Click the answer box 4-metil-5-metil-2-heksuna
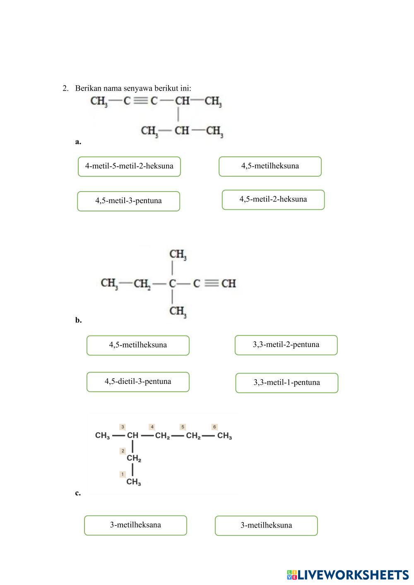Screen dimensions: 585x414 (x=129, y=166)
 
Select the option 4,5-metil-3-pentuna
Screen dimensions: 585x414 (x=128, y=201)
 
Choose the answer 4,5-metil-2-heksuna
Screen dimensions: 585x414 (x=273, y=199)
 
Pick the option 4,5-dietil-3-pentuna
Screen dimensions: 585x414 (x=138, y=382)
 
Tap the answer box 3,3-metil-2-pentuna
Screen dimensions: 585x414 (x=286, y=345)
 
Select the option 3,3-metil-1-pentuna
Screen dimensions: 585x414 (x=286, y=383)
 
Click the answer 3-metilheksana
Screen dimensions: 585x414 (x=135, y=525)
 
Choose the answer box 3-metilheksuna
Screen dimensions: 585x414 (x=266, y=525)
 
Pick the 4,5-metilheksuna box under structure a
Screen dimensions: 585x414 (x=270, y=166)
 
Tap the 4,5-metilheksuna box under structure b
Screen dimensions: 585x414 (x=138, y=345)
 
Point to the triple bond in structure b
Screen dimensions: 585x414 (x=211, y=283)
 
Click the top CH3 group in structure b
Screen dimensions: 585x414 (x=178, y=254)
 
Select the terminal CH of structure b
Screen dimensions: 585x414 (x=229, y=283)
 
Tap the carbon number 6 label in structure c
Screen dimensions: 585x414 (x=214, y=427)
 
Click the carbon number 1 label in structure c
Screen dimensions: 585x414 (x=123, y=474)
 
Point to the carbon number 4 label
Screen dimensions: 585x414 (x=152, y=427)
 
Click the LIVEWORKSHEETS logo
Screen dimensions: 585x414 (x=348, y=575)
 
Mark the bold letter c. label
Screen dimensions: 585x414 (x=78, y=493)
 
